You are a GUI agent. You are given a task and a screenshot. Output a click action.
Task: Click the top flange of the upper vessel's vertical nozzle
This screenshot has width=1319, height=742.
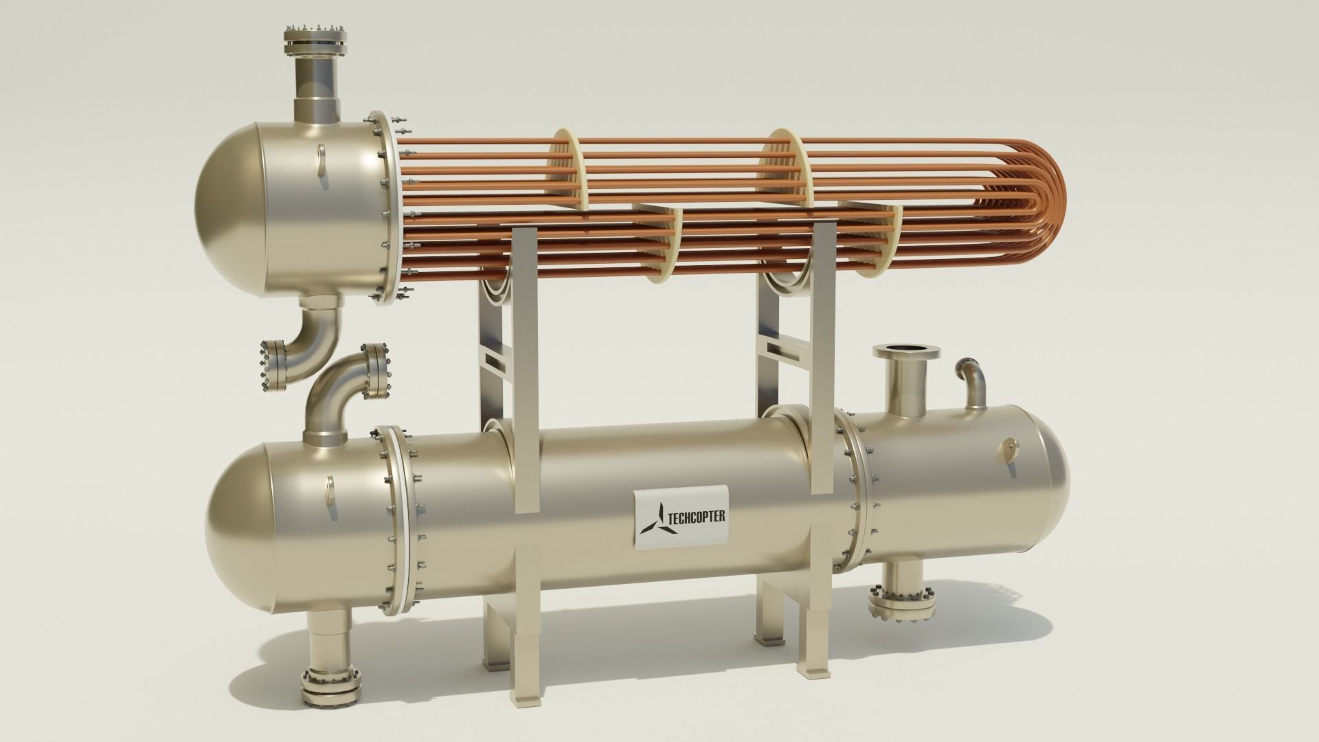click(314, 45)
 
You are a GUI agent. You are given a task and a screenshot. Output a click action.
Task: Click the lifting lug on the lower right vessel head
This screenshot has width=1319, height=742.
click(1010, 450)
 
